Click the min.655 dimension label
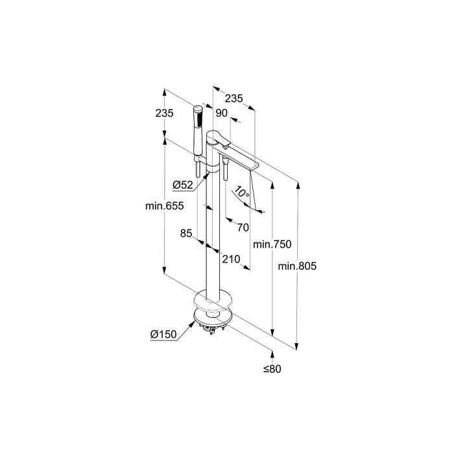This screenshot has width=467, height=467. [x=164, y=206]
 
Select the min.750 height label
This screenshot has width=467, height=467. [x=272, y=245]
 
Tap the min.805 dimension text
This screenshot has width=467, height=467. [x=297, y=266]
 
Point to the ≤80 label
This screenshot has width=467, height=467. [x=272, y=369]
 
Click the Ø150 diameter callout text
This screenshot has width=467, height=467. [x=163, y=335]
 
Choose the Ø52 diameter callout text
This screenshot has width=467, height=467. [x=183, y=185]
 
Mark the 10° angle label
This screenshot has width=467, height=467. [x=242, y=192]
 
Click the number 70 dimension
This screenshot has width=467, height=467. [x=243, y=228]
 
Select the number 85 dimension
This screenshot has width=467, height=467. [x=186, y=233]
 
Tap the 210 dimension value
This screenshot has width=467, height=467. [x=231, y=259]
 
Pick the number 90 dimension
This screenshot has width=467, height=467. [x=222, y=113]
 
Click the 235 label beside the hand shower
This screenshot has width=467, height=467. [x=164, y=113]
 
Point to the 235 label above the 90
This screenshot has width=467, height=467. [x=233, y=99]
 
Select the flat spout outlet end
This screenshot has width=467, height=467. [x=254, y=165]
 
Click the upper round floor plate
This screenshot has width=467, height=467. [x=213, y=300]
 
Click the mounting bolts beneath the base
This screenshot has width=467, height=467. [x=212, y=328]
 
